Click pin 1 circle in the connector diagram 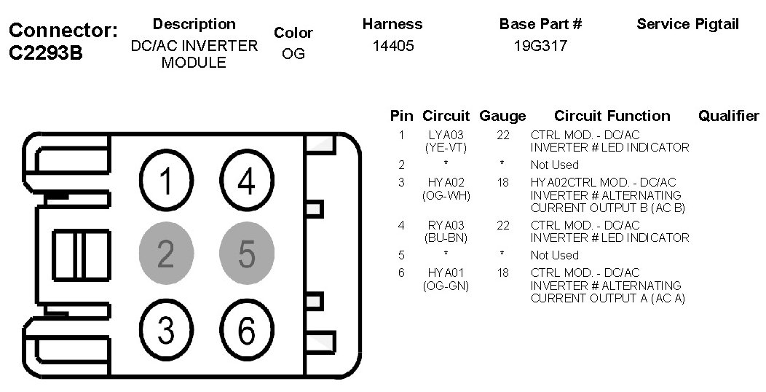click(167, 181)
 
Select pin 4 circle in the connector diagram click(247, 181)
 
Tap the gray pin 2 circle click(167, 255)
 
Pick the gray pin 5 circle click(247, 255)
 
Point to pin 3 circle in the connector click(167, 330)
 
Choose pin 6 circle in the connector click(247, 332)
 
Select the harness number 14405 click(392, 46)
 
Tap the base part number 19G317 click(540, 46)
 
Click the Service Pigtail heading click(687, 24)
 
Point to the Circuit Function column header click(612, 116)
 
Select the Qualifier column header click(728, 116)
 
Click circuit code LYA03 click(446, 135)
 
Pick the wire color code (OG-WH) click(446, 195)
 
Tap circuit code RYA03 click(446, 225)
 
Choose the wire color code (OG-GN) click(446, 286)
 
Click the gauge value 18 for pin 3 click(503, 182)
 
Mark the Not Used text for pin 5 click(554, 255)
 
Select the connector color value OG click(293, 55)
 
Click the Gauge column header click(502, 116)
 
